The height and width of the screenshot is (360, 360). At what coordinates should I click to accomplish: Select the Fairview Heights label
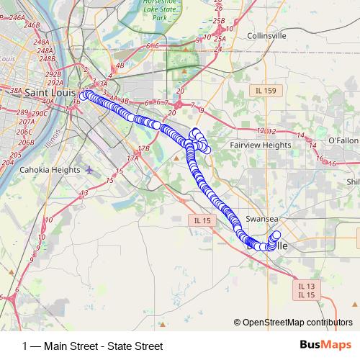pos(260,145)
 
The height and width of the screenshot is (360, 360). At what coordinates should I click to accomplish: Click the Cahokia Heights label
pos(50,170)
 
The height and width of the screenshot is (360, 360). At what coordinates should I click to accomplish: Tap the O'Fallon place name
pos(343,140)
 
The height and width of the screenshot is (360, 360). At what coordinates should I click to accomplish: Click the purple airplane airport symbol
pos(89,170)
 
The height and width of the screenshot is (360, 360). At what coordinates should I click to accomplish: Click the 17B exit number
pos(144,148)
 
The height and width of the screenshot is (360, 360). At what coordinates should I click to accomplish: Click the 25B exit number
pos(220,22)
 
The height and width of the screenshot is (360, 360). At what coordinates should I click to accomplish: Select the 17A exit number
pos(132,158)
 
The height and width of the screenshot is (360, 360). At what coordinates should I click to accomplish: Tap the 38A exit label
pos(16,91)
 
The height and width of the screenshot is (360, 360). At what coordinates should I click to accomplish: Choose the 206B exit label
pos(26,142)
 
